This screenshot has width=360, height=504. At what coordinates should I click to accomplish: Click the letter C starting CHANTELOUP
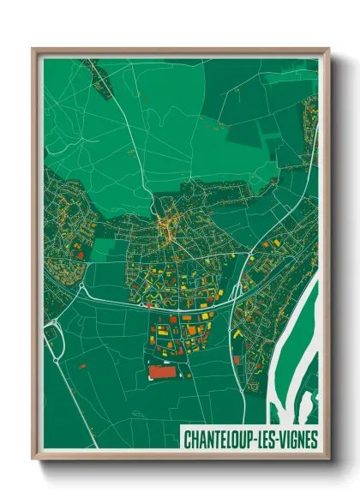(x=187, y=440)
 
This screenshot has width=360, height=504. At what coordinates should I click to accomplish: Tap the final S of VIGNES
(x=314, y=440)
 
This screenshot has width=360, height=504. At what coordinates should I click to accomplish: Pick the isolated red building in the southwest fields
(x=82, y=366)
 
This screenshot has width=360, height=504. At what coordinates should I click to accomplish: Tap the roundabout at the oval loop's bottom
(x=57, y=360)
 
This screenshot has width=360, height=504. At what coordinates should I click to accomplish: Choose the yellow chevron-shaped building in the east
(x=237, y=333)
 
